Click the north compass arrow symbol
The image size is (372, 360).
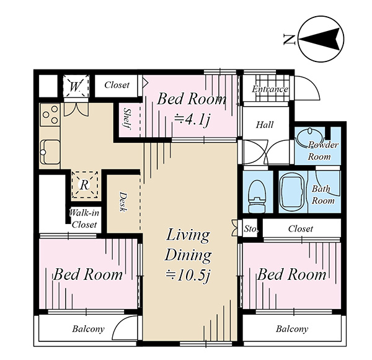coord(321,39)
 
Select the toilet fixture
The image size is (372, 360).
coord(257,196)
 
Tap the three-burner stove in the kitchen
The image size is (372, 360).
coord(50,115)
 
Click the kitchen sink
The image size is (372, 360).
coord(50,152)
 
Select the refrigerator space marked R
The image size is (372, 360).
coord(85,184)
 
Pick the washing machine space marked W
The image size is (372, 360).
coord(76,86)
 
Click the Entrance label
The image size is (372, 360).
coord(270,89)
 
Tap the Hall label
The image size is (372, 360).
coord(265,125)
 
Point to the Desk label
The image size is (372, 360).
coord(123,202)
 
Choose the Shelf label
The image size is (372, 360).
coord(127,119)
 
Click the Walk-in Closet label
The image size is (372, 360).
coord(84,218)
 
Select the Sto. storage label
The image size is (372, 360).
coord(250,229)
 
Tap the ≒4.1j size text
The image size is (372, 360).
coord(192,120)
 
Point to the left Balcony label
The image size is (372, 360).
coord(88,329)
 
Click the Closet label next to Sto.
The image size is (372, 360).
coord(301,228)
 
